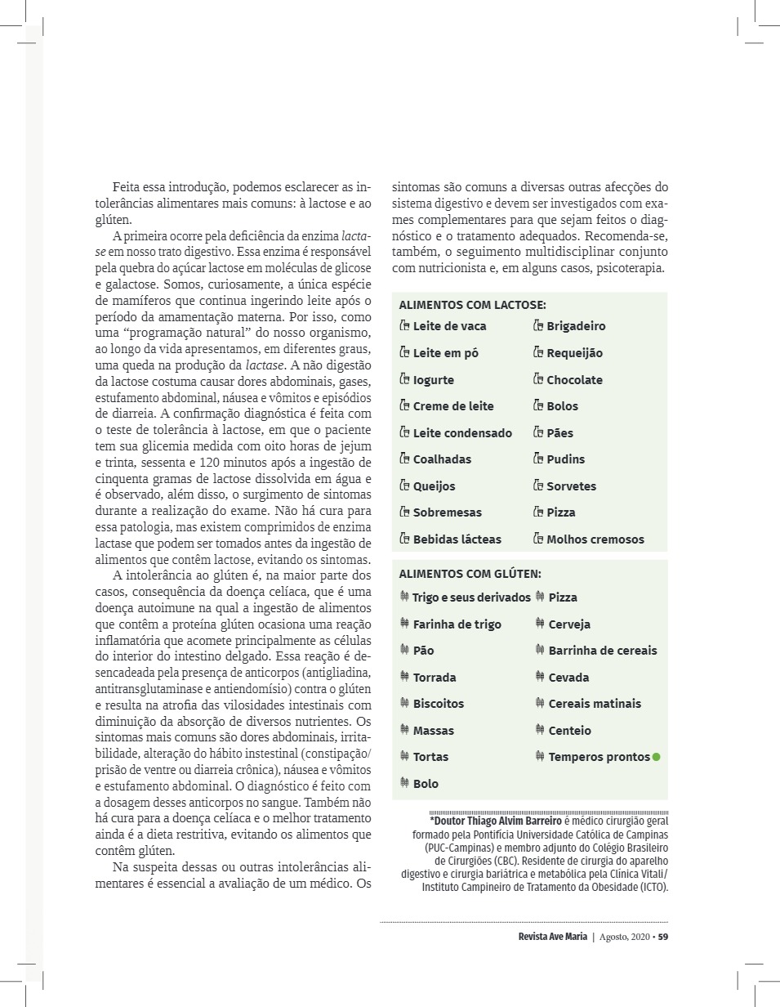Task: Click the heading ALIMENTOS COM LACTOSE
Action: (x=472, y=305)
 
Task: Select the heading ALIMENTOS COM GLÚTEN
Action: (x=470, y=575)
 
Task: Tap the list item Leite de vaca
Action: (x=449, y=326)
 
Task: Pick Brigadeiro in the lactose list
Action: (x=576, y=326)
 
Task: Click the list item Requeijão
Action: (x=574, y=353)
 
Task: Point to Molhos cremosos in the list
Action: (x=595, y=539)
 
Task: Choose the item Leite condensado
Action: (x=462, y=433)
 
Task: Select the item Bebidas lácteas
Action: (x=457, y=539)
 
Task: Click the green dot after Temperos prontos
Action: (x=656, y=757)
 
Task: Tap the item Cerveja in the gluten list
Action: (x=569, y=624)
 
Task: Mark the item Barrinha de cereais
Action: (x=602, y=651)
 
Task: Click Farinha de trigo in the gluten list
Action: (x=457, y=624)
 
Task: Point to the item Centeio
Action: (x=569, y=731)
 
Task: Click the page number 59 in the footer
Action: (x=663, y=937)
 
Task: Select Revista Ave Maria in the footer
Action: (x=552, y=937)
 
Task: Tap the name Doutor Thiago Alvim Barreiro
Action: (x=496, y=821)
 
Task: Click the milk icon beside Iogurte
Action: (x=404, y=379)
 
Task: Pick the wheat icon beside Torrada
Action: (x=404, y=677)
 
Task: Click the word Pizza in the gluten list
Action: (x=563, y=597)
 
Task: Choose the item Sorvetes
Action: (x=571, y=486)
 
